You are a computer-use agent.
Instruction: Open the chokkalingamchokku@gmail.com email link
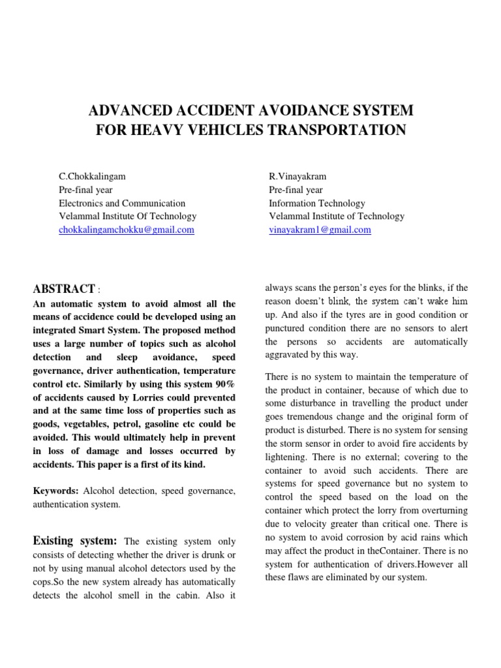126,230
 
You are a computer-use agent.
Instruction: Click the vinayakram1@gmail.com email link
320,230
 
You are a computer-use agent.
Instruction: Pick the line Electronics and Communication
122,203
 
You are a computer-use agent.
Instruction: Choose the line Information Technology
317,203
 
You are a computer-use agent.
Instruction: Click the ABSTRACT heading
63,289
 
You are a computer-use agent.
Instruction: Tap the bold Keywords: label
56,490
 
